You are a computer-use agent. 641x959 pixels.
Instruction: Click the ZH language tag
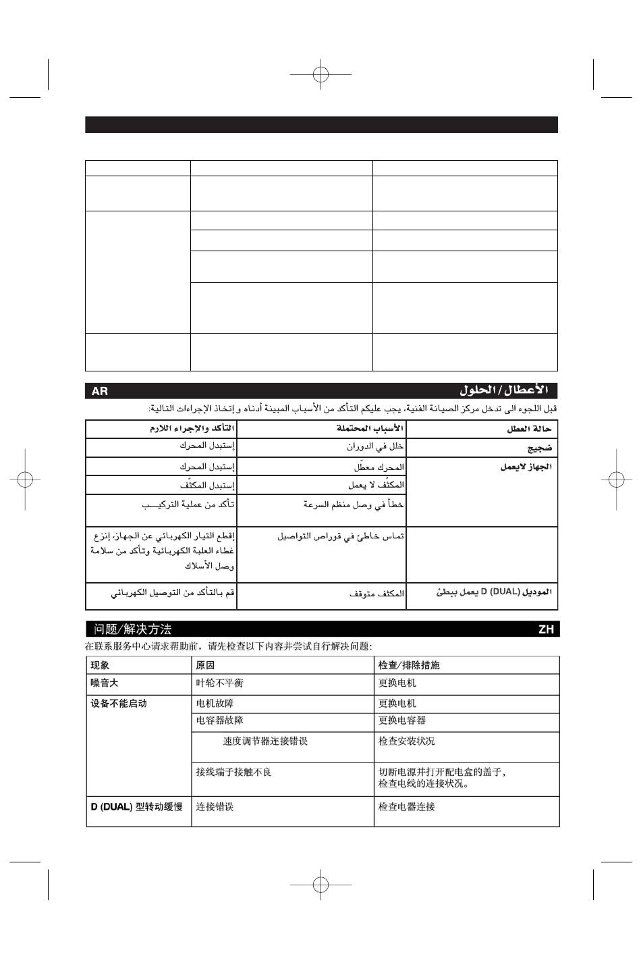pyautogui.click(x=546, y=629)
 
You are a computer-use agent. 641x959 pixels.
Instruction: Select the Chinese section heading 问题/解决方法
pyautogui.click(x=133, y=629)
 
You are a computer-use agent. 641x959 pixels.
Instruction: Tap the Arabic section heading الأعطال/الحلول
pyautogui.click(x=504, y=390)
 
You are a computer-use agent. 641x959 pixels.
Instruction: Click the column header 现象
pyautogui.click(x=101, y=665)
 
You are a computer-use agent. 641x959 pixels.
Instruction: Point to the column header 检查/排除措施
pyautogui.click(x=409, y=665)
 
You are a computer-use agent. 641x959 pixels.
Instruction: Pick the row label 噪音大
pyautogui.click(x=105, y=683)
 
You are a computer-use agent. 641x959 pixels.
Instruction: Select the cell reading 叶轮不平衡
pyautogui.click(x=219, y=683)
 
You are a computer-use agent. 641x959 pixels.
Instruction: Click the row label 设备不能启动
pyautogui.click(x=119, y=704)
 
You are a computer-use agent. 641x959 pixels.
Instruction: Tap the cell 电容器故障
pyautogui.click(x=219, y=721)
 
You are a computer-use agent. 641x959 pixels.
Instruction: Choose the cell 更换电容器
pyautogui.click(x=402, y=721)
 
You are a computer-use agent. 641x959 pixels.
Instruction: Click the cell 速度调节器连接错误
pyautogui.click(x=265, y=742)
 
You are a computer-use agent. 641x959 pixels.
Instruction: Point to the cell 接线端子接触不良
pyautogui.click(x=233, y=772)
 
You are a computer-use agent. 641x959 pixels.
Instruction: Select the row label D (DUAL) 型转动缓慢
pyautogui.click(x=137, y=807)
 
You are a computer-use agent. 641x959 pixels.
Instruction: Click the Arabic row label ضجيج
pyautogui.click(x=540, y=448)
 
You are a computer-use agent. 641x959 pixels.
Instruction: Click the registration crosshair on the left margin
pyautogui.click(x=23, y=479)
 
